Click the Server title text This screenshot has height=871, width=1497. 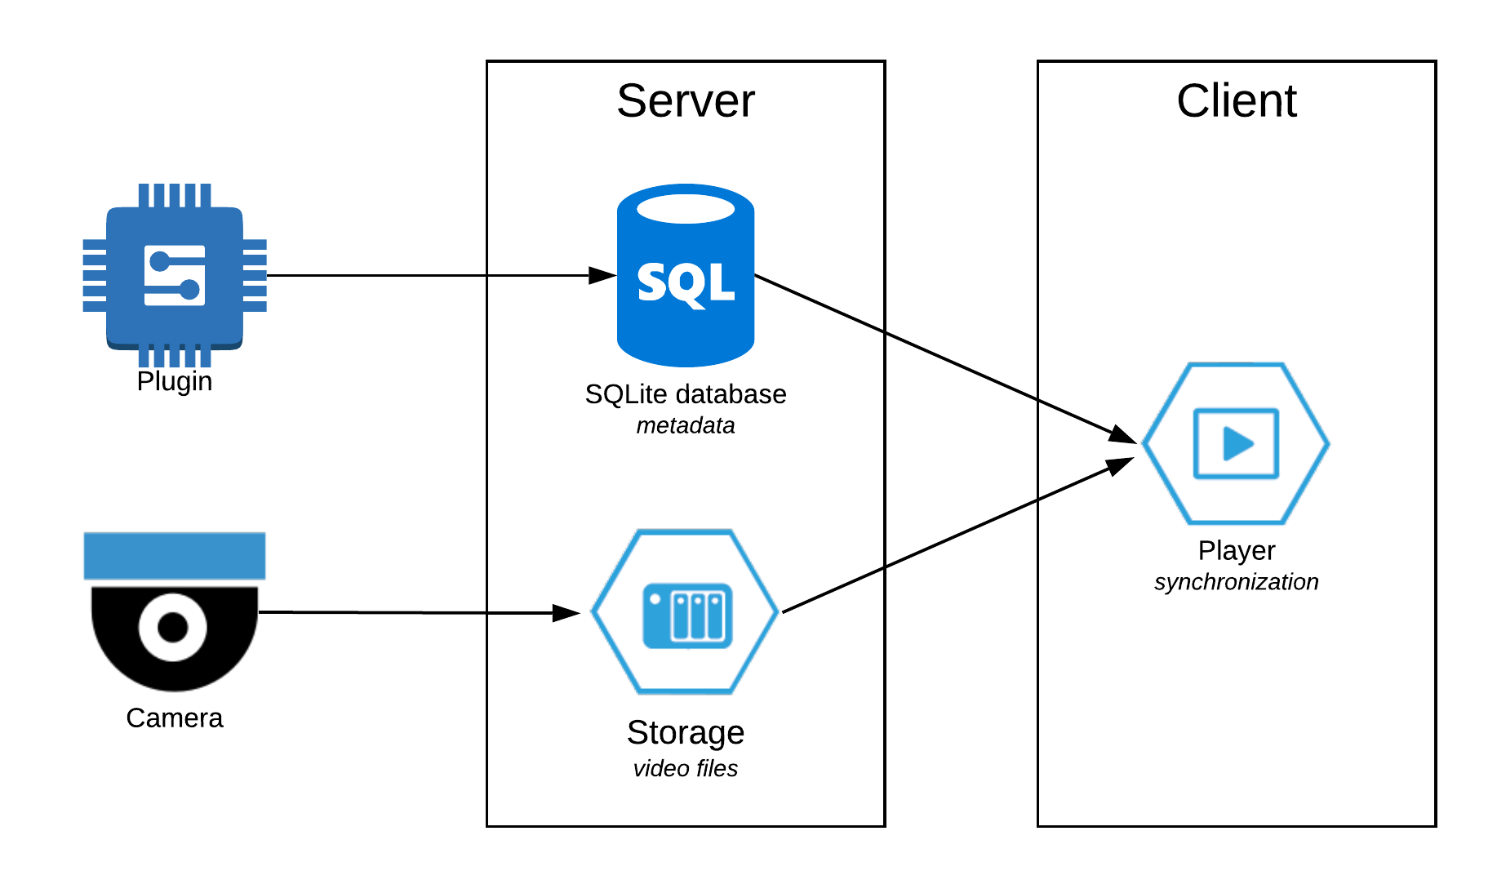point(685,101)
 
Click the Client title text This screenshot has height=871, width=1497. point(1236,101)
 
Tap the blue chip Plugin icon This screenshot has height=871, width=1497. point(175,275)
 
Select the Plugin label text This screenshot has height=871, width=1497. point(175,381)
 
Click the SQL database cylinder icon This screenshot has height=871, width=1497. point(685,327)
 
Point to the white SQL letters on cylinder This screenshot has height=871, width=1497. point(685,283)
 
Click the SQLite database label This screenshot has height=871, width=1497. point(685,394)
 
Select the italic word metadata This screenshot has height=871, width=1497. point(685,425)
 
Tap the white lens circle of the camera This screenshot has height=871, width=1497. point(172,627)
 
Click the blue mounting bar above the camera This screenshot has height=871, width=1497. point(175,556)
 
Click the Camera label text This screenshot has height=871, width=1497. point(175,718)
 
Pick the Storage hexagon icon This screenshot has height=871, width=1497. point(685,612)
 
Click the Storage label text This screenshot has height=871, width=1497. point(685,732)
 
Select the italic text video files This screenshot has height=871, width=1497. point(685,768)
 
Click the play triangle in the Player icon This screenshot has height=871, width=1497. point(1237,444)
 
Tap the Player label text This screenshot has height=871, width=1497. point(1236,551)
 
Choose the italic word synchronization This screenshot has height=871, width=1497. point(1236,582)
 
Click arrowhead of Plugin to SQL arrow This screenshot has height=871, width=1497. point(602,275)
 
